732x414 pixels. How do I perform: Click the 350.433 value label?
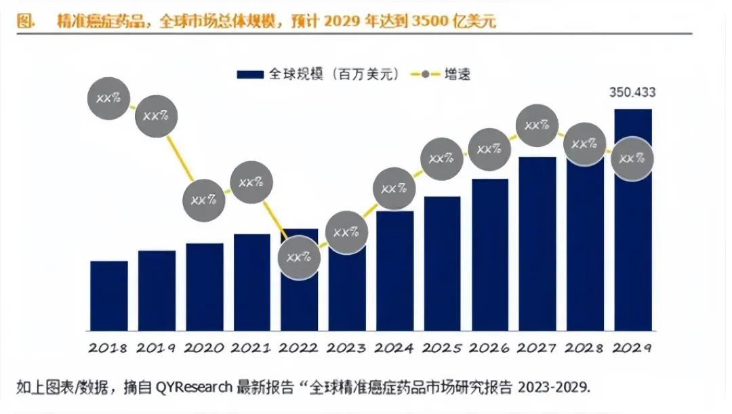point(632,94)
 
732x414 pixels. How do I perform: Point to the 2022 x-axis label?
point(299,348)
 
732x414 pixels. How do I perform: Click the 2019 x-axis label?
point(157,348)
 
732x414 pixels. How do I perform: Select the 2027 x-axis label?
point(537,348)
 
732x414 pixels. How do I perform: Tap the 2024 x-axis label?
point(394,348)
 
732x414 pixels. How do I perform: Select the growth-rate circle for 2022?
point(299,257)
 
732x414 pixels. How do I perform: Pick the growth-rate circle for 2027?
point(537,125)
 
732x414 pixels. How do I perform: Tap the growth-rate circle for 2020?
point(204,201)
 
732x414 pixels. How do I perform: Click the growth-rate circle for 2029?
point(632,159)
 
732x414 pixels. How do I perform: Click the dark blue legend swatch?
point(250,74)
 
